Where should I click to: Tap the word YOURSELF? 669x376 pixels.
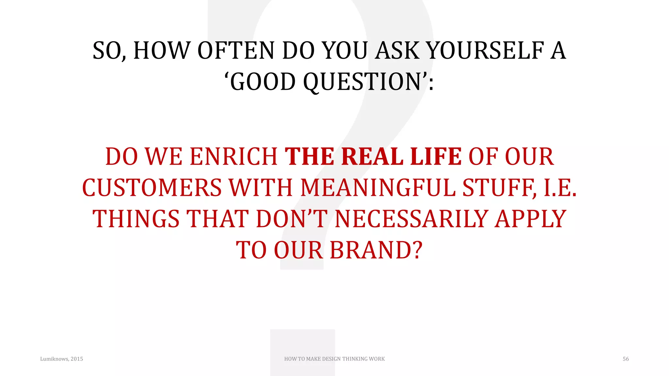pos(485,51)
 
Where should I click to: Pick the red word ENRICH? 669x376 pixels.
pos(234,157)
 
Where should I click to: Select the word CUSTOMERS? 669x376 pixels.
pos(152,188)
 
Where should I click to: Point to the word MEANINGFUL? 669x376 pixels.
pos(378,188)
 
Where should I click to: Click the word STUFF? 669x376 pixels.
pos(499,188)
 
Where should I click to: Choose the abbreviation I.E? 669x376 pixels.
pos(560,188)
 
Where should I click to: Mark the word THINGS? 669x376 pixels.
pos(136,219)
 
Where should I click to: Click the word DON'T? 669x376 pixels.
pos(291,219)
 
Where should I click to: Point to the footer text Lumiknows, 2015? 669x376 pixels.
pos(61,359)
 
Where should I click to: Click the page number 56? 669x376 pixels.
pos(626,359)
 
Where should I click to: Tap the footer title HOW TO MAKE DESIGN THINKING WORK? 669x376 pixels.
pos(334,359)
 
